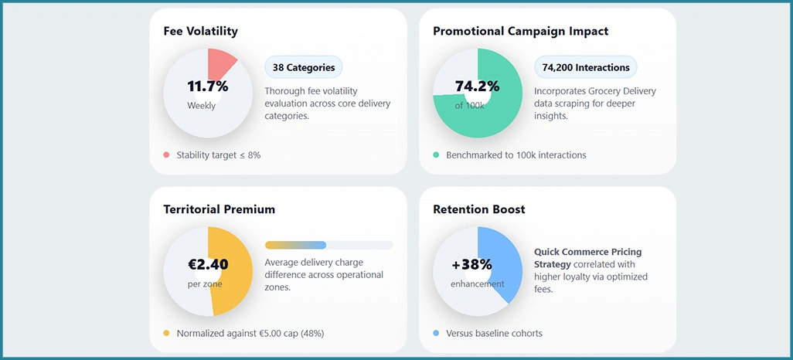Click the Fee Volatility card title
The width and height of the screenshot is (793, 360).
(200, 32)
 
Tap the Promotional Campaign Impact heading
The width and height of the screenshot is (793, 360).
(520, 32)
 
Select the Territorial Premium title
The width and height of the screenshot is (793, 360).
(219, 209)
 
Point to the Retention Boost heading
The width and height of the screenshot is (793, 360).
(478, 209)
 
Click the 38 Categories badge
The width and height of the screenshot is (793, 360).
(303, 67)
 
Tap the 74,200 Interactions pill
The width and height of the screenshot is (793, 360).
(585, 67)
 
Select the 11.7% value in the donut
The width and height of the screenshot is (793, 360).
(208, 87)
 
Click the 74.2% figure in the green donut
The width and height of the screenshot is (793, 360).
(477, 87)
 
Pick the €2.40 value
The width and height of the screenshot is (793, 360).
(208, 265)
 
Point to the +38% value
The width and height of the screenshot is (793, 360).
(471, 265)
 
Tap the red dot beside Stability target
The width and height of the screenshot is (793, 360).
(166, 155)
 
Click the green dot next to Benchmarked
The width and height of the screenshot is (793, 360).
(436, 155)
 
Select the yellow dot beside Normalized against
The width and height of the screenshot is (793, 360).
(166, 333)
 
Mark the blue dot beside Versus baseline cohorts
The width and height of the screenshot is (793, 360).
(436, 333)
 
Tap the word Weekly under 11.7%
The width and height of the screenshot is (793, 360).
(201, 106)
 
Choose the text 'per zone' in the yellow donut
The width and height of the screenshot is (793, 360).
(205, 284)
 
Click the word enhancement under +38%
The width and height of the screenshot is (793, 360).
(477, 284)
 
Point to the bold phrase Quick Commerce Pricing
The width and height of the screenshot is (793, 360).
(587, 252)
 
